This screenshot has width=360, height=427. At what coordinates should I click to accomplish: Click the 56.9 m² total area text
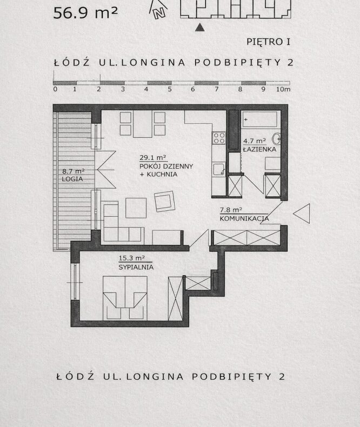click(85, 13)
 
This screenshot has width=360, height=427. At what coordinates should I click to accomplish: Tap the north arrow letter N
click(159, 13)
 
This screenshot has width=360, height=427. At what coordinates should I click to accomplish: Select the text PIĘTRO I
click(268, 42)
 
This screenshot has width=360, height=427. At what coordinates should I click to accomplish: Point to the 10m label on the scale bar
click(283, 89)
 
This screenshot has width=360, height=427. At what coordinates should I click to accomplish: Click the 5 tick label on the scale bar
click(170, 89)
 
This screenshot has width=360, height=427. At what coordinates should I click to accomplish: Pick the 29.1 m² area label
click(153, 157)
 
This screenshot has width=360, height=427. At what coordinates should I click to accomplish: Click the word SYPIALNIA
click(136, 267)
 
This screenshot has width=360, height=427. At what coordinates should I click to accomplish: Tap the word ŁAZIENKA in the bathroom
click(259, 149)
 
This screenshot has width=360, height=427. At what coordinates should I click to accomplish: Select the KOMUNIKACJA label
click(244, 218)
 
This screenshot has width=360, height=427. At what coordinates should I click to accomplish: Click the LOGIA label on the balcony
click(72, 179)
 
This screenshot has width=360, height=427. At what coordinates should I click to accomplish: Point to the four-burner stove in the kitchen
click(219, 138)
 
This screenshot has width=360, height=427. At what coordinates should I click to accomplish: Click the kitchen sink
click(219, 169)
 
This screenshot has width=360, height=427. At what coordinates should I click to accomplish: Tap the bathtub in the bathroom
click(259, 119)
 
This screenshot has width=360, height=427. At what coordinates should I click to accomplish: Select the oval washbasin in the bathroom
click(276, 138)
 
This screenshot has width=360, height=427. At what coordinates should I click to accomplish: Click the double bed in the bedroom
click(125, 298)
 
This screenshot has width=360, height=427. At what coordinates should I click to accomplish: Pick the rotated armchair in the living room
click(164, 201)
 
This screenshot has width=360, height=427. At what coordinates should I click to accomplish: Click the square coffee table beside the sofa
click(136, 208)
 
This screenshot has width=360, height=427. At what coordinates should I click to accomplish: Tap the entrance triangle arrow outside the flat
click(302, 213)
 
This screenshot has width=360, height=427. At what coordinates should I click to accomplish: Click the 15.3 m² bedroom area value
click(131, 258)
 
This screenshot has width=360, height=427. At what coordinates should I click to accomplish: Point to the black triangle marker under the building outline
click(200, 27)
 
